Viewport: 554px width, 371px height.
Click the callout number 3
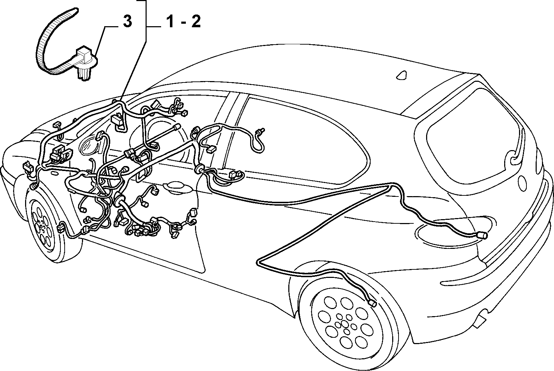click(127, 22)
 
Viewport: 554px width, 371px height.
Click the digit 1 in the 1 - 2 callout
click(171, 22)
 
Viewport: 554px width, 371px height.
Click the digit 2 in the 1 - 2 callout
click(196, 22)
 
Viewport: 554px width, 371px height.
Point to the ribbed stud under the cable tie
click(84, 74)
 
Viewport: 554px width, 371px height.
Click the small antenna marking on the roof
click(402, 75)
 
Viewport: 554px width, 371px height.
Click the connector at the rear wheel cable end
click(372, 303)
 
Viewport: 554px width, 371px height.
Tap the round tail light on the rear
click(521, 183)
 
